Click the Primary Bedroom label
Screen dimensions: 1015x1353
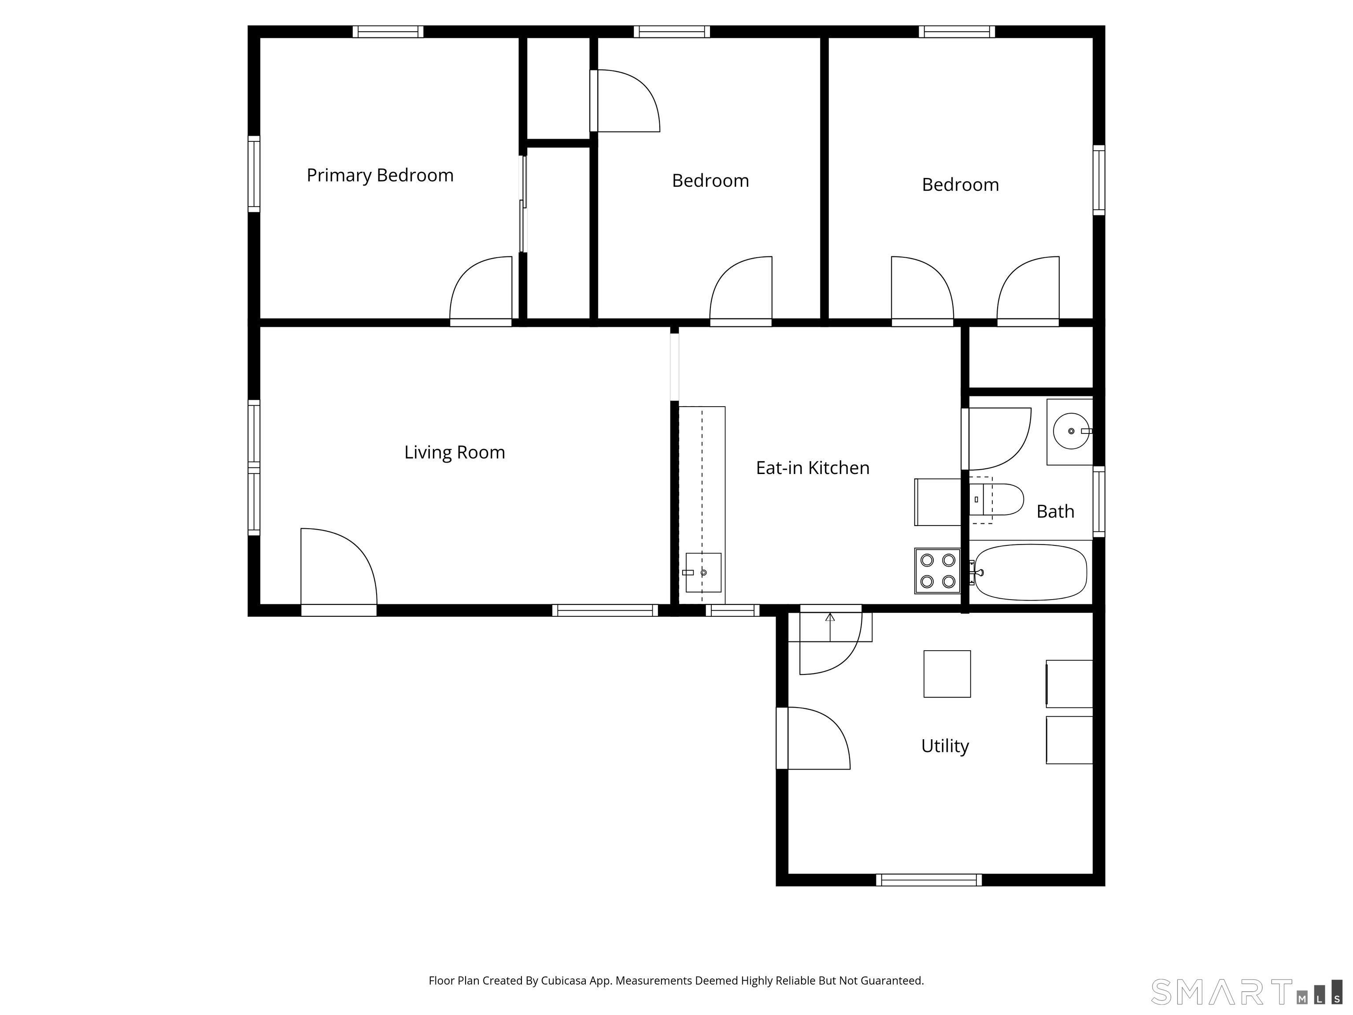380,176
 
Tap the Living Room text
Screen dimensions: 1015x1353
455,453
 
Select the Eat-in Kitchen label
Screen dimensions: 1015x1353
812,468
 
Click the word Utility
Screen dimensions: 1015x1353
945,746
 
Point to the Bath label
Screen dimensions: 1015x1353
1055,511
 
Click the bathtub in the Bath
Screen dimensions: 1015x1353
1031,572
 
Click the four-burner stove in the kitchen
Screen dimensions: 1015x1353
938,571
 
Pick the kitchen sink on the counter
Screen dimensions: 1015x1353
703,573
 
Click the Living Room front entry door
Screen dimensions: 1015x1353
338,569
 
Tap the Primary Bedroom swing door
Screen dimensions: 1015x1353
481,291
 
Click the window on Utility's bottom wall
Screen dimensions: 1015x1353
928,880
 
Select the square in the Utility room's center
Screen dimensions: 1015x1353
947,674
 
